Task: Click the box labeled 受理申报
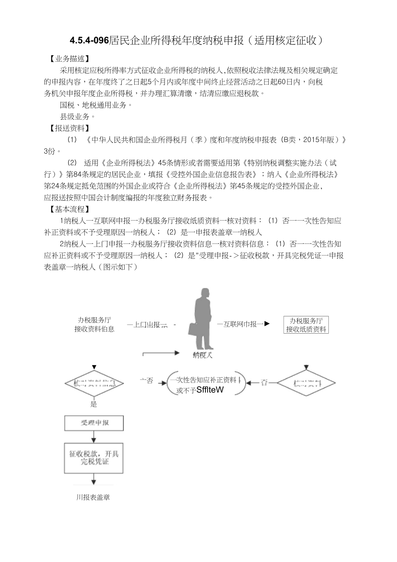point(94,423)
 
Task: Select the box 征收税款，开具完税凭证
point(94,458)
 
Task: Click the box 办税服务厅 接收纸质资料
point(306,325)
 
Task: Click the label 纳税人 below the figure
point(202,356)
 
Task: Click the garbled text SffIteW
point(210,390)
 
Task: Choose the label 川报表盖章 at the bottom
point(93,497)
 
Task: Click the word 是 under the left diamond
point(94,404)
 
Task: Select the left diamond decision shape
point(94,383)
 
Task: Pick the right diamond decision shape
point(306,382)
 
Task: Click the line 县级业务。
point(78,117)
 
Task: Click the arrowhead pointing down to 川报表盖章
point(94,482)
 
